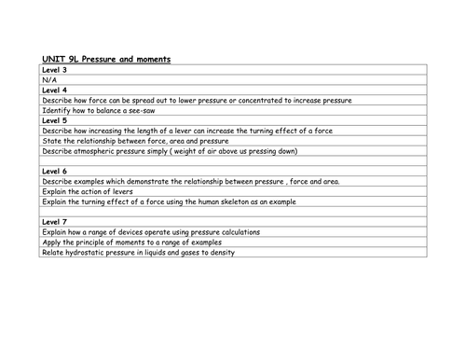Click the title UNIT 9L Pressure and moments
105,59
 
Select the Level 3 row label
55,70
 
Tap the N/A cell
49,80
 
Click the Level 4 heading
55,90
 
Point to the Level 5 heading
55,120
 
